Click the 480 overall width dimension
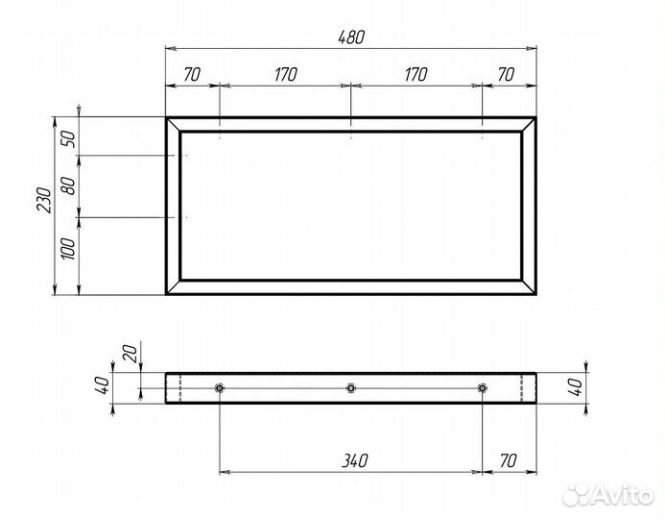351,37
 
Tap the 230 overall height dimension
44,200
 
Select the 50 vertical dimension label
68,139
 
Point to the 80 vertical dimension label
68,185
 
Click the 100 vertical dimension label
68,249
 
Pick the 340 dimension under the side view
355,460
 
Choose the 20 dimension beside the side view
131,354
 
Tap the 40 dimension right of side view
576,387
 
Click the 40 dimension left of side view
103,385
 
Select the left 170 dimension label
285,74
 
